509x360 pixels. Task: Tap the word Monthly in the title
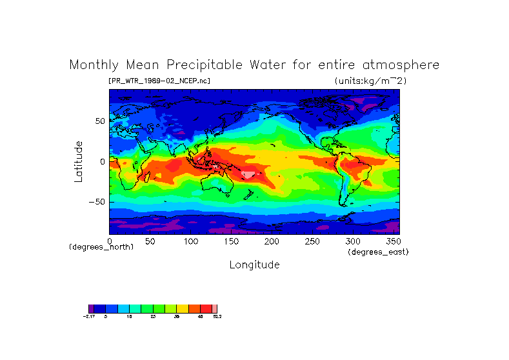(95, 65)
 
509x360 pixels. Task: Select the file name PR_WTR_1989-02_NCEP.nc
(159, 81)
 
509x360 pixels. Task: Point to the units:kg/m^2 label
(370, 81)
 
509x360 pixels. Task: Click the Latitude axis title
(79, 161)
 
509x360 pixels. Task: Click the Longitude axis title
(254, 265)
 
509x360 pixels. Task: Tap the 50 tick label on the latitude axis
(99, 121)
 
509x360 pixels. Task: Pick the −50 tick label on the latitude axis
(97, 202)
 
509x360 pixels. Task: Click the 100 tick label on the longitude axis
(191, 241)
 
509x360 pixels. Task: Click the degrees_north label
(101, 247)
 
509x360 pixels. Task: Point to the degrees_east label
(378, 252)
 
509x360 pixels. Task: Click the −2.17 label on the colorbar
(89, 317)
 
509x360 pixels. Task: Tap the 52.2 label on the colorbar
(217, 317)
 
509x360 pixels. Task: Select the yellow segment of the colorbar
(183, 309)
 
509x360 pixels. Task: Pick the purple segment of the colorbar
(91, 309)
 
